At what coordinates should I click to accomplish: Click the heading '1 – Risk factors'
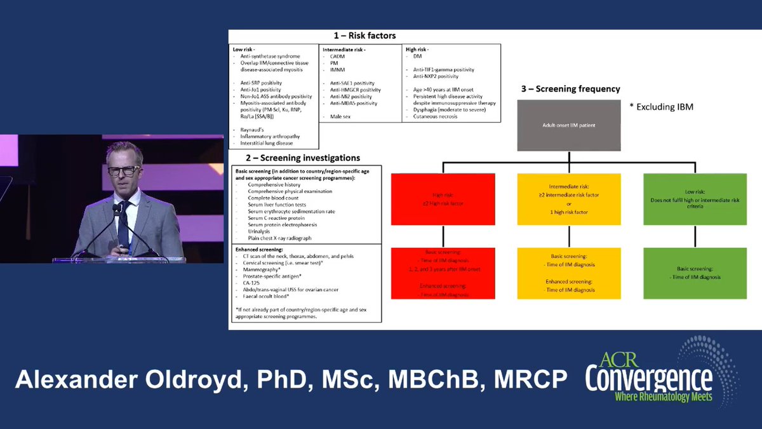tap(364, 36)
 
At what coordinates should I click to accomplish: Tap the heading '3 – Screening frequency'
tap(571, 89)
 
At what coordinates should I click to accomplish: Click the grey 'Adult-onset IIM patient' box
tap(569, 126)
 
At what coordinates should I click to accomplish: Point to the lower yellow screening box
tap(569, 273)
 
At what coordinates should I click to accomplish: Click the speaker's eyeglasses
tap(123, 170)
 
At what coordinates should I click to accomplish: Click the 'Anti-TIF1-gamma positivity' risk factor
tap(443, 69)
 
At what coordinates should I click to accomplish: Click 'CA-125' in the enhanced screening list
tap(248, 283)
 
